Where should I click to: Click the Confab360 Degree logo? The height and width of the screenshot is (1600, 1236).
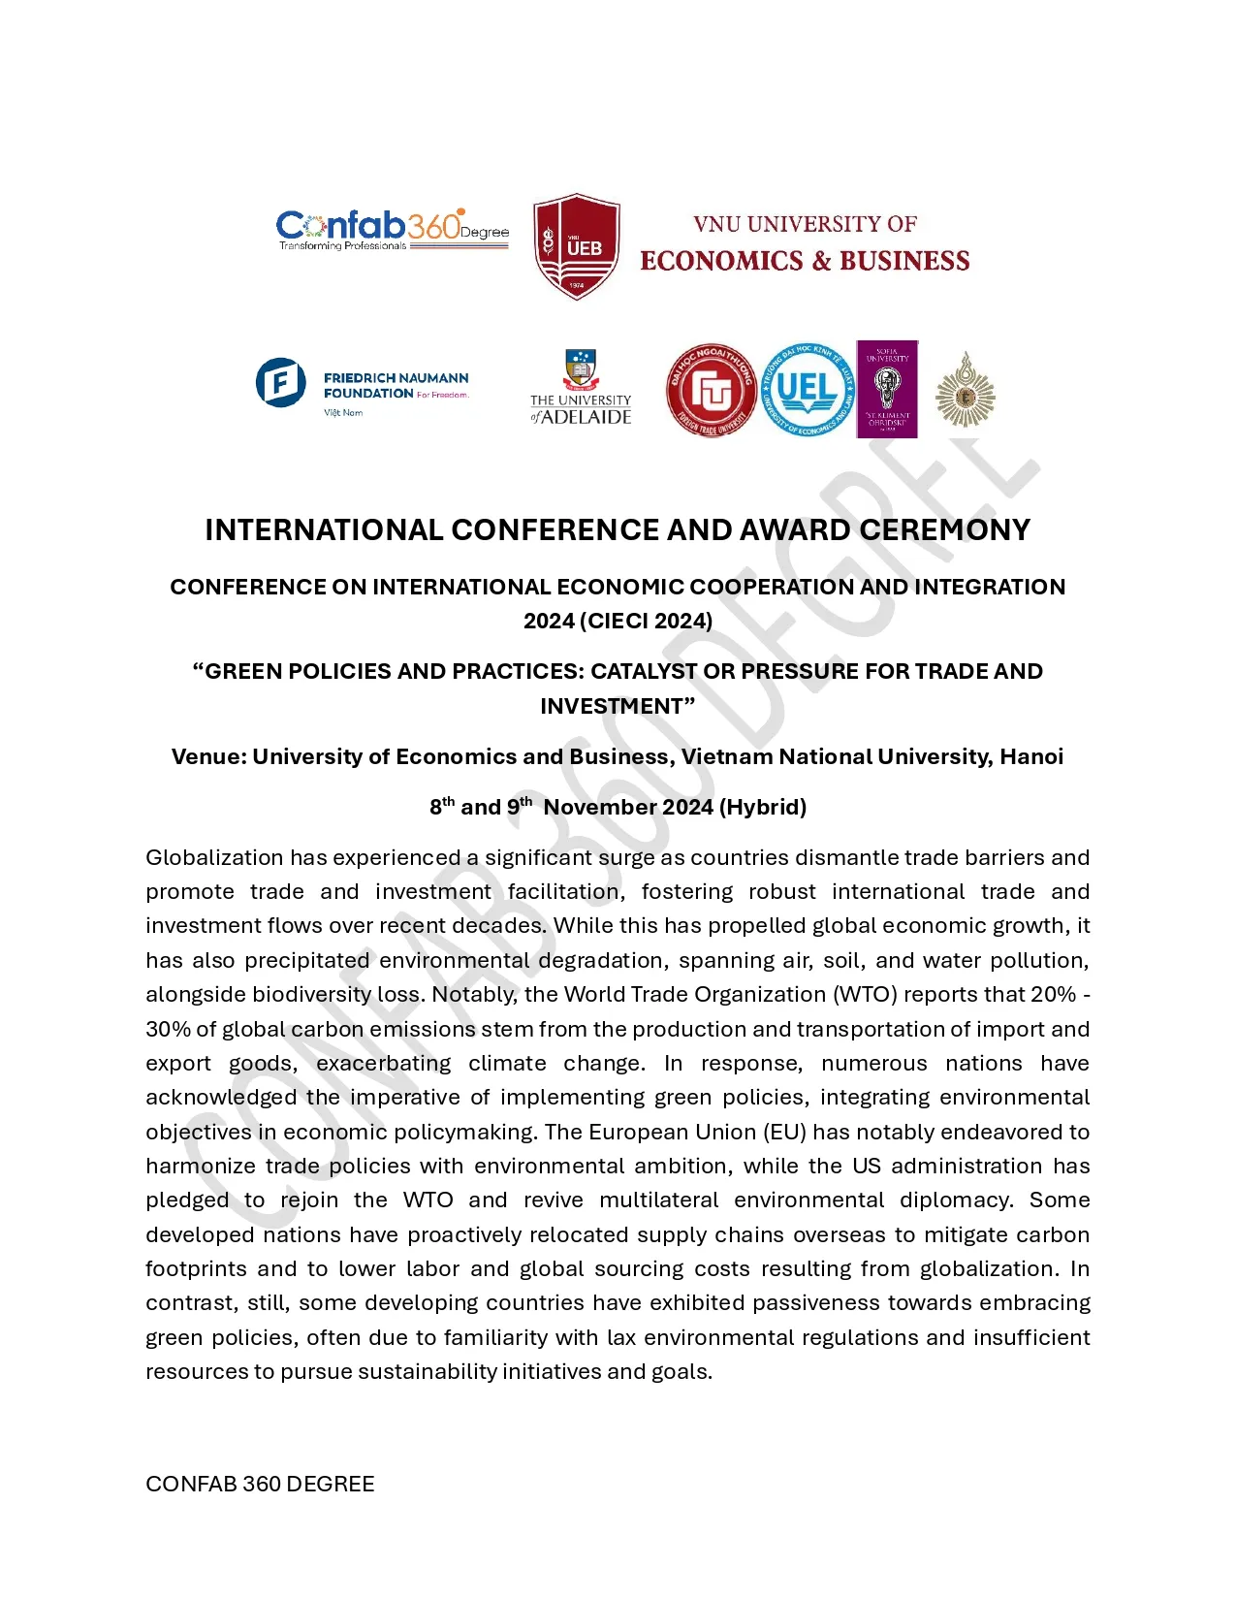click(392, 230)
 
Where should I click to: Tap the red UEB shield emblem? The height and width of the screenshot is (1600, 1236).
click(577, 246)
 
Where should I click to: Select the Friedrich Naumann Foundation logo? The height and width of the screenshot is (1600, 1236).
click(363, 386)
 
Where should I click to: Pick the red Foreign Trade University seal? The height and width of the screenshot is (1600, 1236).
click(712, 390)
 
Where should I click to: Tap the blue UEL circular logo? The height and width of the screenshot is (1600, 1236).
click(807, 390)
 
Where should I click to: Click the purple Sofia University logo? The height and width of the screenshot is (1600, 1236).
click(887, 389)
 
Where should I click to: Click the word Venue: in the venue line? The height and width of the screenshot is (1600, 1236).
click(208, 756)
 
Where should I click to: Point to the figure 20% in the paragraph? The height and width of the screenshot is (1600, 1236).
click(1053, 994)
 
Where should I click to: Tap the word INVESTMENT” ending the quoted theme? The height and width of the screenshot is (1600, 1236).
click(618, 706)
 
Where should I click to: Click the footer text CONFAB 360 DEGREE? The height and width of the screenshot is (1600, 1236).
click(260, 1484)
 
